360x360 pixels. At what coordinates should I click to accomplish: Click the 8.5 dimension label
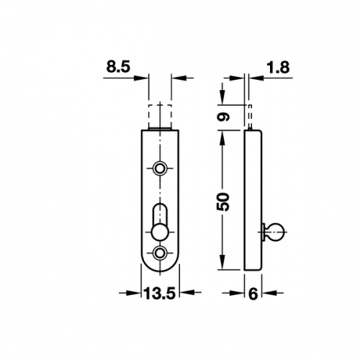[x=118, y=66]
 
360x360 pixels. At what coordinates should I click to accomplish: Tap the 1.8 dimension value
[x=279, y=67]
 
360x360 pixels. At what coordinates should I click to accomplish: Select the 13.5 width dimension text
[x=160, y=293]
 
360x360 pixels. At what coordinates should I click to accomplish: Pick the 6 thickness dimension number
[x=253, y=294]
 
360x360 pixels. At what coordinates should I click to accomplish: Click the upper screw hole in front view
[x=160, y=168]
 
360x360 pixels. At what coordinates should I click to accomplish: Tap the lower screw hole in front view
[x=160, y=252]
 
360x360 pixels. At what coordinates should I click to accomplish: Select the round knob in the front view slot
[x=160, y=233]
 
